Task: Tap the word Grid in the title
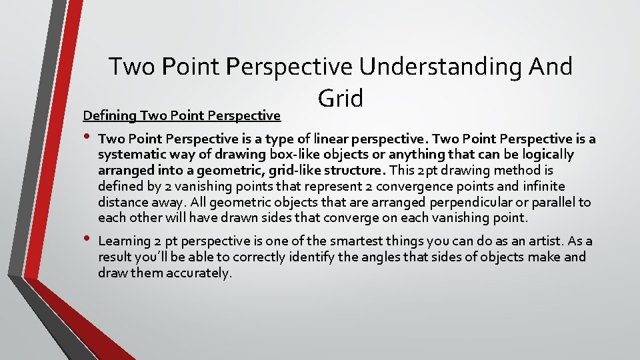click(341, 98)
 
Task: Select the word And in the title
click(549, 67)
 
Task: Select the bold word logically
click(548, 155)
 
